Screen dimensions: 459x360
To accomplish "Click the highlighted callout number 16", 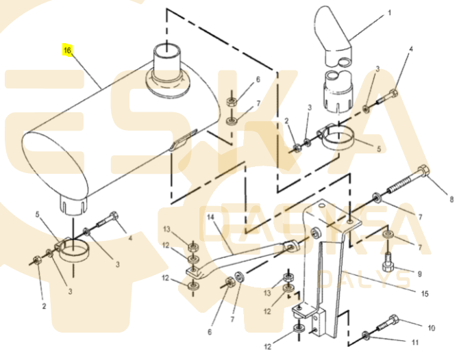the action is (67, 50).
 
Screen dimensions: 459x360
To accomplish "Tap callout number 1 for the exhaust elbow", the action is (389, 13).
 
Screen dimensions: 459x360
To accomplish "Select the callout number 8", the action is (451, 199).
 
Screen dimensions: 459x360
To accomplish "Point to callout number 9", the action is (419, 274).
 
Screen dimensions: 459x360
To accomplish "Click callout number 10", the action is (431, 328).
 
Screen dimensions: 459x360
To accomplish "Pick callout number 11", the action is (414, 342).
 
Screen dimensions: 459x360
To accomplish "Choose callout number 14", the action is (210, 217).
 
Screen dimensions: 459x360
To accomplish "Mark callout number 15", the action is (424, 294).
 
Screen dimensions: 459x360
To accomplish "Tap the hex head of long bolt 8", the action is (424, 171).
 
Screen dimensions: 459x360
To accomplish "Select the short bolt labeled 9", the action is (388, 261).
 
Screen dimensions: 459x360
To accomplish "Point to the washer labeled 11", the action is (366, 335).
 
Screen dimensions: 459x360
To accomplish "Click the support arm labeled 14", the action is (240, 259).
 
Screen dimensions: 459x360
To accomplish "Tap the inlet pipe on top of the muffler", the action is (167, 63).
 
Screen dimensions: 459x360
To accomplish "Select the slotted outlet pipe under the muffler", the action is (73, 206).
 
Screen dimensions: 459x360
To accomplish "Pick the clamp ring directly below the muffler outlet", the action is (72, 250).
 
